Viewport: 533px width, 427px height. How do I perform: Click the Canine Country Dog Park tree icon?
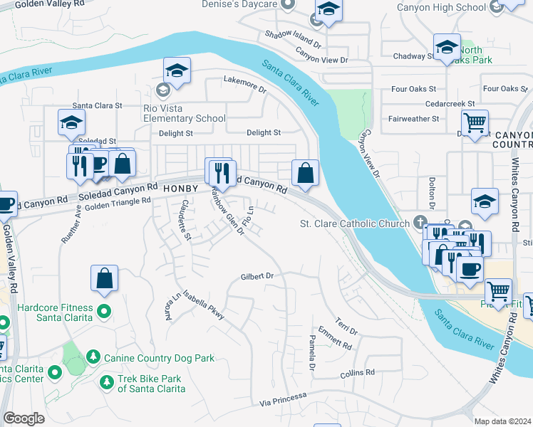(x=93, y=357)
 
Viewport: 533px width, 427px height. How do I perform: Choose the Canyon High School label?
(x=451, y=8)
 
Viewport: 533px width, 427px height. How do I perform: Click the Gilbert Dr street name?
(x=257, y=276)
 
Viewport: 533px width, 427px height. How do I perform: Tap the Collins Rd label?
(x=357, y=373)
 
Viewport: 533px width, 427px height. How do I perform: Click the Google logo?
(x=24, y=418)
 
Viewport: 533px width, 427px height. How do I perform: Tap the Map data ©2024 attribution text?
(x=502, y=421)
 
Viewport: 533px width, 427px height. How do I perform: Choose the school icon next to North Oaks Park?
(x=446, y=48)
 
